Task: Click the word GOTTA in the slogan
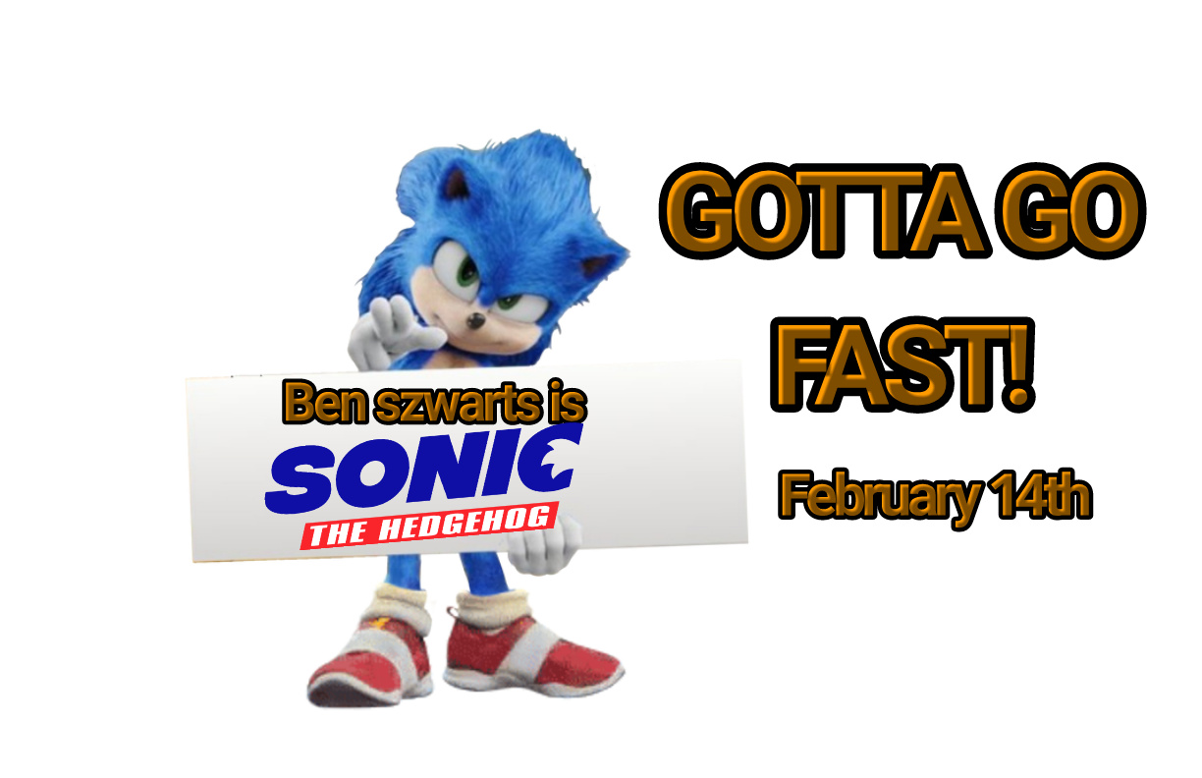824,211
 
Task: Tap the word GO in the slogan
1069,211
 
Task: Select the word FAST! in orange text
902,364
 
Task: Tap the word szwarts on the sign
458,404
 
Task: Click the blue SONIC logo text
424,468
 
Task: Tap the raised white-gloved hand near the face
392,330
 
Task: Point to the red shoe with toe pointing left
369,659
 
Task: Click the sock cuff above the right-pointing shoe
493,607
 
